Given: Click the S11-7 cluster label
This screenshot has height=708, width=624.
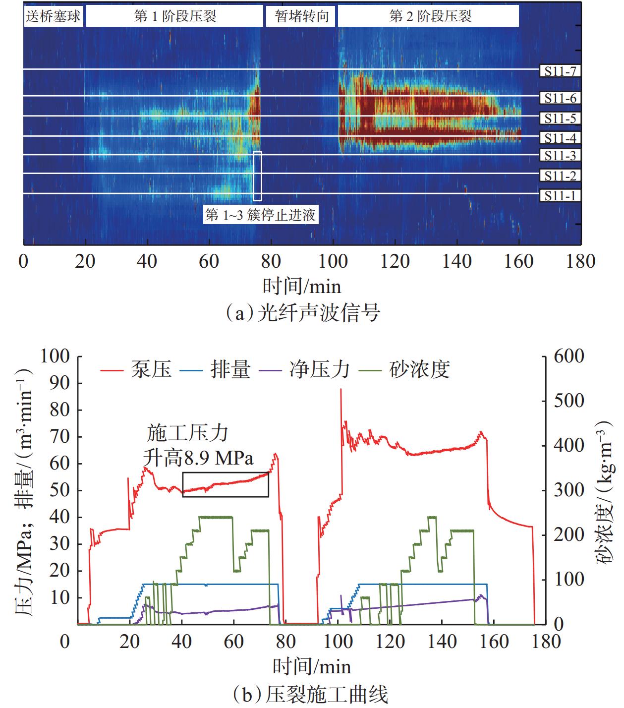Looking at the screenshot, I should click(560, 71).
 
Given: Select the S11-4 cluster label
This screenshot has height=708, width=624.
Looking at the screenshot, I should click(560, 138).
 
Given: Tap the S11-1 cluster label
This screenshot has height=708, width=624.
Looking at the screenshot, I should click(560, 196).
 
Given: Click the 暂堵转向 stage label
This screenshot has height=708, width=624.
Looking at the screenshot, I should click(301, 16).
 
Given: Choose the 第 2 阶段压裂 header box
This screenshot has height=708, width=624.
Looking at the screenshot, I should click(429, 16).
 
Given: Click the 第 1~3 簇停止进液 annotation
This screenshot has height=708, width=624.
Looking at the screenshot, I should click(261, 215).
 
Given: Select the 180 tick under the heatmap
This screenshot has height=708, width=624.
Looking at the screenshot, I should click(580, 261).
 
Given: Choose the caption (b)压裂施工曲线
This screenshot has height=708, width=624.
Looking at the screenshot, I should click(310, 695).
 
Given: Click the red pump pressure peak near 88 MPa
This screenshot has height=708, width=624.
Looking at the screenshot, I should click(340, 390).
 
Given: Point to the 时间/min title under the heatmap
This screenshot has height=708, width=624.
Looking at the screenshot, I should click(302, 287).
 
